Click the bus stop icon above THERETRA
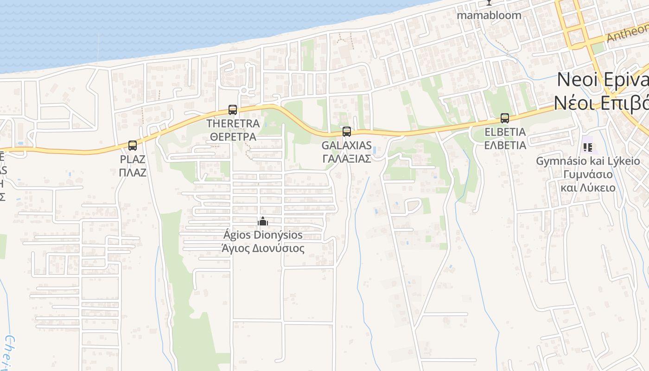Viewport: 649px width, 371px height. pos(233,110)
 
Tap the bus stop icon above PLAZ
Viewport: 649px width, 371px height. pos(133,146)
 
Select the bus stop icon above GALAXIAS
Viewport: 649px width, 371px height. pos(347,132)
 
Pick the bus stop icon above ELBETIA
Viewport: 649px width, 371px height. pos(505,118)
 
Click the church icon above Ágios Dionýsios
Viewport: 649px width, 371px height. pos(263,221)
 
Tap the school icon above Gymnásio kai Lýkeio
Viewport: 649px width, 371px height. pos(588,147)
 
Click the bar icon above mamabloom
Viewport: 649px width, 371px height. pos(489,2)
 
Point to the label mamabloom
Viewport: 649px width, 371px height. pos(489,15)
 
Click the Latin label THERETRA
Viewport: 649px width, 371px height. pos(233,124)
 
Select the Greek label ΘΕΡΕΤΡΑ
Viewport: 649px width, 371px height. pos(233,137)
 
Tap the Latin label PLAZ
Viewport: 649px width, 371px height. pos(133,160)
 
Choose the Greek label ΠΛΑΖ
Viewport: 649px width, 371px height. pos(133,173)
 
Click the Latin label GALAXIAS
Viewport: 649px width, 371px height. pos(347,146)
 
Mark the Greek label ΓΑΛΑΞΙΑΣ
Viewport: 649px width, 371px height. pos(347,159)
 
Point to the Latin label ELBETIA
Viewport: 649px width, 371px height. pos(505,132)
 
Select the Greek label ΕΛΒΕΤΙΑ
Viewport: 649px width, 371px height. pos(505,145)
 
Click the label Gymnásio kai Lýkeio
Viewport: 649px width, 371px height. pos(588,161)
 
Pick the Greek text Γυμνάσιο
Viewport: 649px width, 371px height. pos(588,175)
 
